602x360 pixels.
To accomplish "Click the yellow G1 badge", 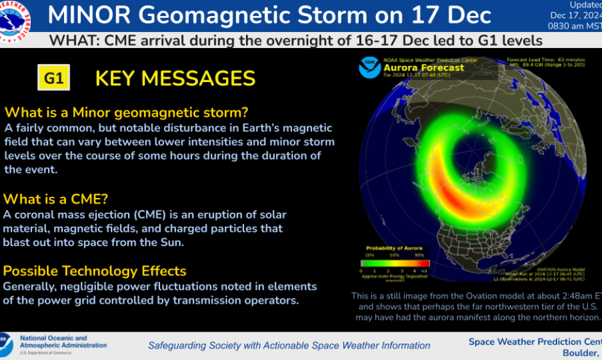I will (54, 78).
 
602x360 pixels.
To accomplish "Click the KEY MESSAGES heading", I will (175, 78).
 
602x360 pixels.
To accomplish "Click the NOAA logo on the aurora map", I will (370, 67).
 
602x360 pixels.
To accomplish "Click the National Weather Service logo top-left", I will (17, 17).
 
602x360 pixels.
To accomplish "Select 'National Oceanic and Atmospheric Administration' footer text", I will (63, 342).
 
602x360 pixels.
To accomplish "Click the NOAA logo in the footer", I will (6, 345).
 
